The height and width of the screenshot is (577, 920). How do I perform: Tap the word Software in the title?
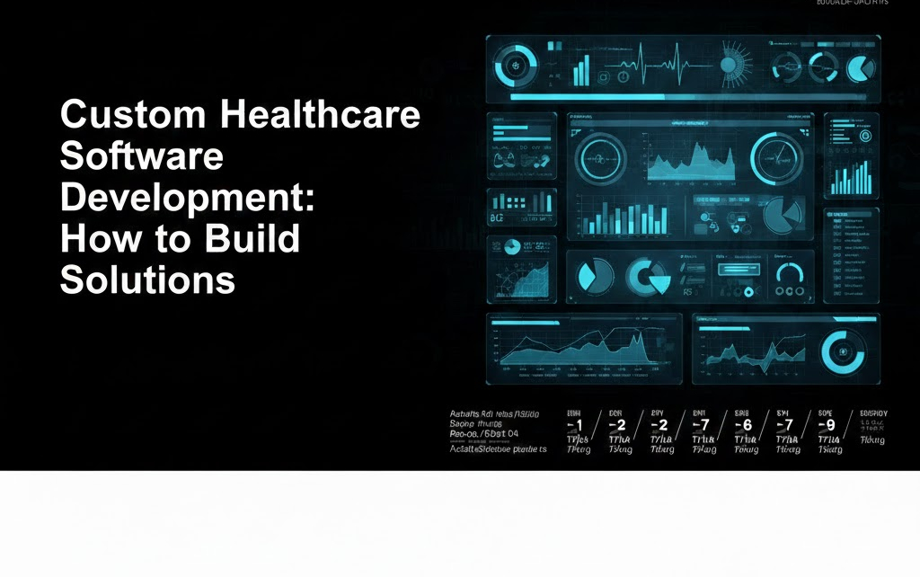pos(141,156)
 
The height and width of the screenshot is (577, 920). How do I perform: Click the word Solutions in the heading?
pos(147,280)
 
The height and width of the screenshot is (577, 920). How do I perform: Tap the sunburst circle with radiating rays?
pos(729,67)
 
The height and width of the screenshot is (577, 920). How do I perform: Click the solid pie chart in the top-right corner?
pos(861,67)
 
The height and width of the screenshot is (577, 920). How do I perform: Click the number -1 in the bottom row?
pos(575,424)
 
